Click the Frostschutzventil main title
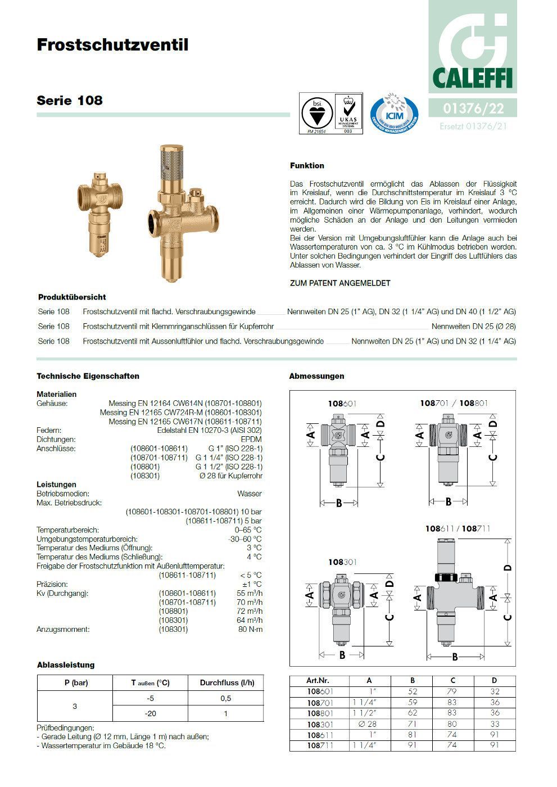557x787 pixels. click(x=112, y=45)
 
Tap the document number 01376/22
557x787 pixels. click(x=473, y=107)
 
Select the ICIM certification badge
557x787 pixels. click(x=394, y=114)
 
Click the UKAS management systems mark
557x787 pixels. click(x=348, y=114)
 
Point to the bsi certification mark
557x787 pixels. click(x=317, y=114)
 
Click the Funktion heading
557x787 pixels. click(x=307, y=166)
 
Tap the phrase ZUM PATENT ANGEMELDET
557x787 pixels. click(x=340, y=283)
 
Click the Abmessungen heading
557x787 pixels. click(x=316, y=376)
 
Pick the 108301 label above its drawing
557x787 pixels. click(x=342, y=562)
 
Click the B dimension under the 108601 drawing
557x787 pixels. click(x=339, y=503)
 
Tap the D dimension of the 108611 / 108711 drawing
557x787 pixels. click(x=508, y=567)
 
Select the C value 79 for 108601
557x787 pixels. click(x=452, y=691)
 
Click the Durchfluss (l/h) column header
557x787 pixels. click(x=227, y=683)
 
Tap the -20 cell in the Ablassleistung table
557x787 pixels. click(x=150, y=713)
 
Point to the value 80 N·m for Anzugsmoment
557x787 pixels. click(x=250, y=629)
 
